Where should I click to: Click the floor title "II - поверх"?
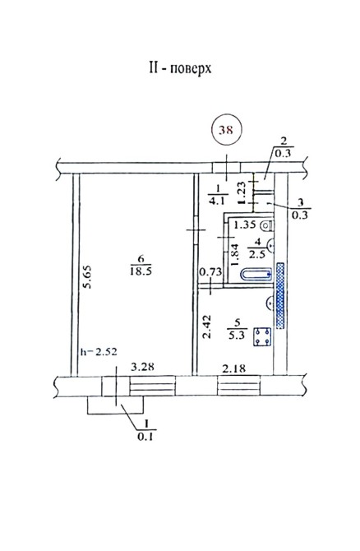pos(180,67)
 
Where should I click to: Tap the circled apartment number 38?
pos(226,130)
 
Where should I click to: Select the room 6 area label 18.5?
pos(141,271)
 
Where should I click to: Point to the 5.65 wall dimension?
pos(87,277)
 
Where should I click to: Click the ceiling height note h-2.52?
pos(99,352)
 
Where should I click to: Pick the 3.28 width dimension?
pos(142,367)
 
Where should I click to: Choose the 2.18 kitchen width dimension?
pos(234,368)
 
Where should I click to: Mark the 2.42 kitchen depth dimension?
pos(207,326)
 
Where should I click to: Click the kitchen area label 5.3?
pos(237,336)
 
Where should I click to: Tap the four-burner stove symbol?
pos(262,336)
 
